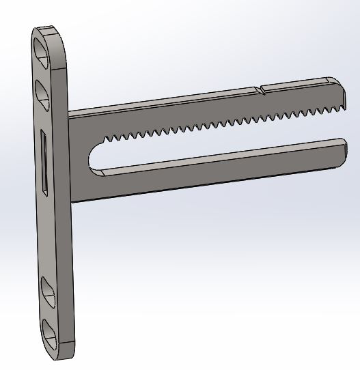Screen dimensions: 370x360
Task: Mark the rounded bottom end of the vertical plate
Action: click(60, 355)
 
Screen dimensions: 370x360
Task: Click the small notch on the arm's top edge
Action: click(259, 89)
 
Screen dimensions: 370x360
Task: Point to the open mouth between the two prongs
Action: click(338, 124)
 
